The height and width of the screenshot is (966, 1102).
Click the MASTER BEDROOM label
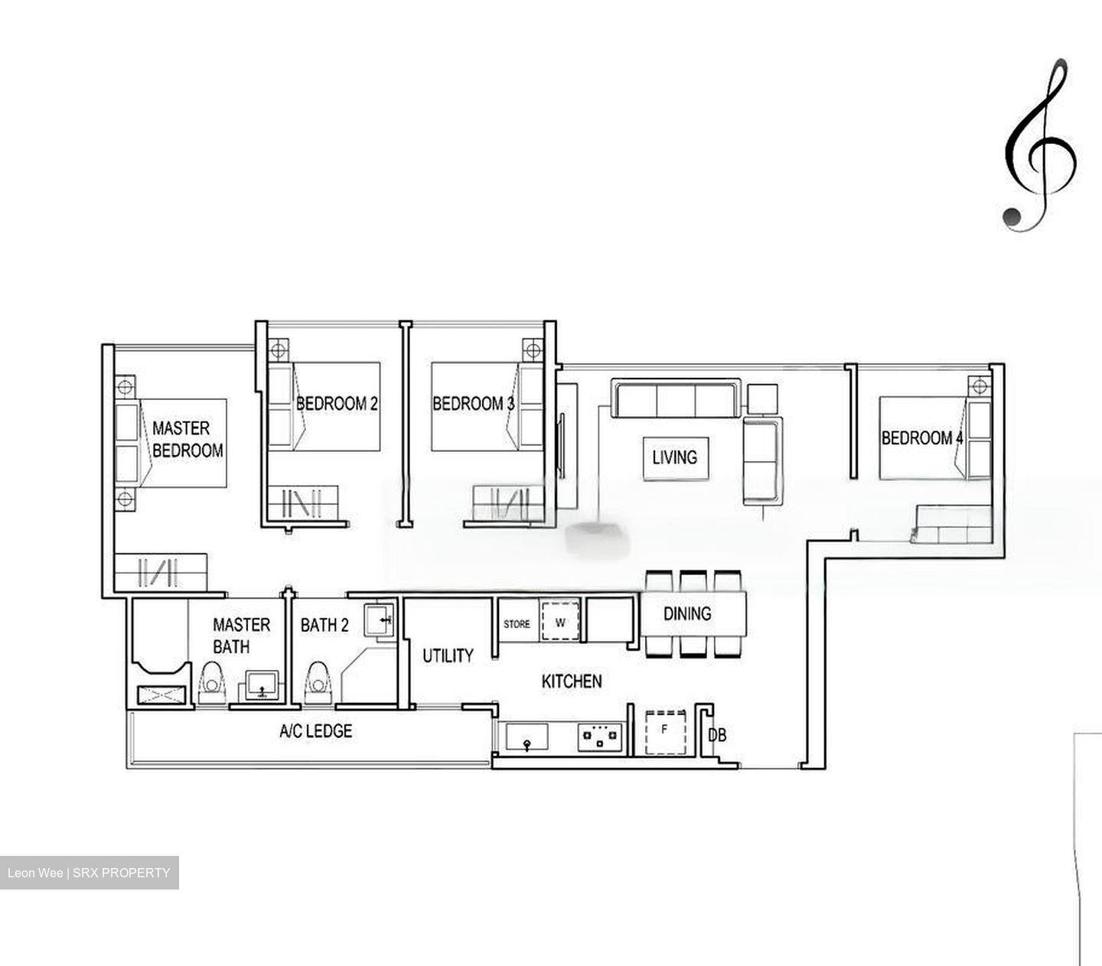coord(187,439)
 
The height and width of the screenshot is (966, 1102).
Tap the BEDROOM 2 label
coord(337,403)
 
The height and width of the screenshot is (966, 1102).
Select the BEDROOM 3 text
coord(473,403)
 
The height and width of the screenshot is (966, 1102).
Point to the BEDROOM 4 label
coord(921,438)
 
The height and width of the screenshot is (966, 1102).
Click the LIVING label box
coord(674,457)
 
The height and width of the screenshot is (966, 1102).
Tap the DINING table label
coord(686,613)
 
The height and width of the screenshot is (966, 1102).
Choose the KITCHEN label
coord(571,681)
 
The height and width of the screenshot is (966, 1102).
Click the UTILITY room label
coord(448,655)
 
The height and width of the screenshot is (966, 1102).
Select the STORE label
coord(517,624)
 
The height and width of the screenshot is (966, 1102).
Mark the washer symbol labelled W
coord(560,623)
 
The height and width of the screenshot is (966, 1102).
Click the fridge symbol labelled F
coord(664,730)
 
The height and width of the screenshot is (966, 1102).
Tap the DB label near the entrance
coord(717,736)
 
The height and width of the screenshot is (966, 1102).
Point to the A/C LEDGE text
coord(315,731)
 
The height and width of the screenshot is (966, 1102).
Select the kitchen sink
coord(527,738)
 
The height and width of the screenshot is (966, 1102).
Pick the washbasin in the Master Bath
coord(262,685)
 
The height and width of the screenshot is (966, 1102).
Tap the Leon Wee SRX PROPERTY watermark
coord(89,873)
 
